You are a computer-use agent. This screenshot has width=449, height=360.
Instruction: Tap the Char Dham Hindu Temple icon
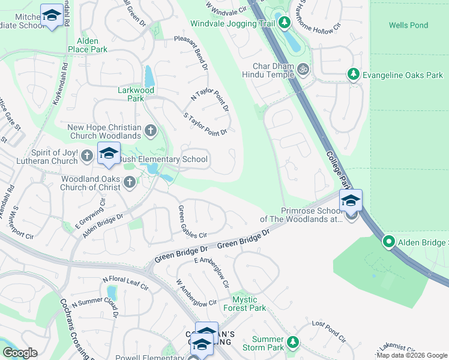point(303,70)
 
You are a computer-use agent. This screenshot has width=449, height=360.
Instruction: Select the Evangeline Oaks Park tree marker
point(354,74)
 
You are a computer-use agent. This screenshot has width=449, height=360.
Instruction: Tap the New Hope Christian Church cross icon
point(151,130)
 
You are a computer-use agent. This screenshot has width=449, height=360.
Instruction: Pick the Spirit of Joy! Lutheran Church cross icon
point(87,156)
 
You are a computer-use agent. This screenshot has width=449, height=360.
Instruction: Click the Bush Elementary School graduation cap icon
point(109,154)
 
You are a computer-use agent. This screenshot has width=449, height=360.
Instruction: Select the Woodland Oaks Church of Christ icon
point(130,185)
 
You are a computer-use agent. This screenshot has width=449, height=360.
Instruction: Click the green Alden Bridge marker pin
point(389,242)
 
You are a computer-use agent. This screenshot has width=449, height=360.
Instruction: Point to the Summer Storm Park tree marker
point(292,341)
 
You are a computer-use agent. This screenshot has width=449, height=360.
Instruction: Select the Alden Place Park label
point(88,45)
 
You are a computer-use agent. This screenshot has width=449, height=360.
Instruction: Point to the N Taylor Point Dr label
point(210,100)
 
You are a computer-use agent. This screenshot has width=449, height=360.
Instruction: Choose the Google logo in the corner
point(20,353)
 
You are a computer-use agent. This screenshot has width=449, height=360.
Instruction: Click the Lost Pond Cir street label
point(330,331)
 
